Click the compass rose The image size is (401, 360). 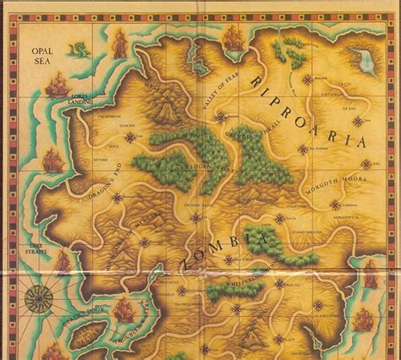tap(36, 298)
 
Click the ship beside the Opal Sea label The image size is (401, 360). tap(57, 85)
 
